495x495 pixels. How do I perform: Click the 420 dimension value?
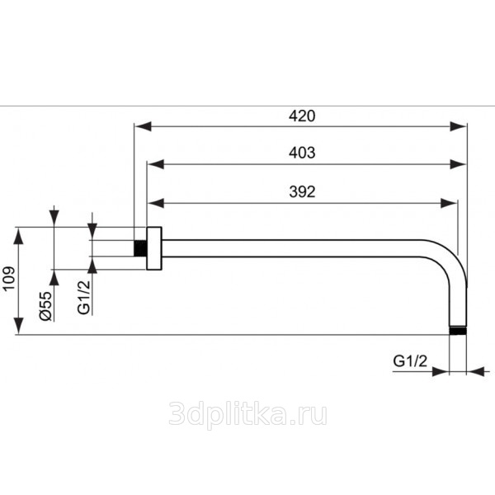tap(301, 116)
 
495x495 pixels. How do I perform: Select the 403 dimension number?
tap(301, 153)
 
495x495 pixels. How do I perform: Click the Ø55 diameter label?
tap(46, 304)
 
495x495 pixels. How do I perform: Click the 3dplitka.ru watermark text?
tap(247, 413)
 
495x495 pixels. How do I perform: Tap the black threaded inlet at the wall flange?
tap(140, 247)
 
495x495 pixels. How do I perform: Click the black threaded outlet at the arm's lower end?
tap(458, 331)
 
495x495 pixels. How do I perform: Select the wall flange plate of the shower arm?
tap(153, 247)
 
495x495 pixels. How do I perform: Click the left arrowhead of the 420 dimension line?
tap(141, 126)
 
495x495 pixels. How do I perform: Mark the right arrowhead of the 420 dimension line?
tap(460, 126)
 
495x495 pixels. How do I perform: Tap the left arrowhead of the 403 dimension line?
tap(154, 163)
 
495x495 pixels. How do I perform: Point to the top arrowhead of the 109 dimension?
tap(17, 233)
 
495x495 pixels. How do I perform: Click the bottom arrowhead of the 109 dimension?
tap(17, 328)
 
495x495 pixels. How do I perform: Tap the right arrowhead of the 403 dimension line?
tap(460, 163)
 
